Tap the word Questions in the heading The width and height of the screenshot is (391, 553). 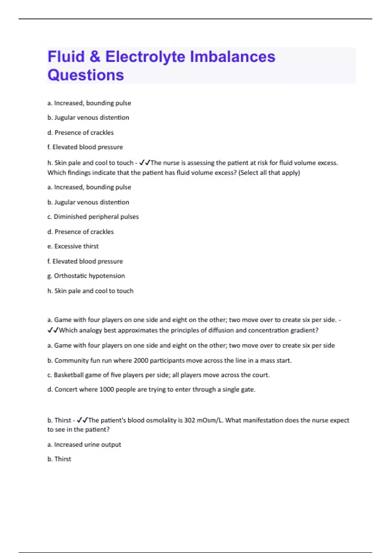(x=86, y=75)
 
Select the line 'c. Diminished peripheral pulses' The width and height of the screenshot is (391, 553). (x=93, y=217)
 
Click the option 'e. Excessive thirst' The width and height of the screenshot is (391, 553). (x=73, y=246)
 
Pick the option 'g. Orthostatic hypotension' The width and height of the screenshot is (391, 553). (x=86, y=276)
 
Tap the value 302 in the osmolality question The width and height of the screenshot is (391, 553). (x=190, y=420)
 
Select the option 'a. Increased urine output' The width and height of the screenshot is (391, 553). (x=84, y=445)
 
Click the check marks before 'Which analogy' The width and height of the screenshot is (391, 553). (x=53, y=330)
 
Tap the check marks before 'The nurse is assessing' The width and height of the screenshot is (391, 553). (x=144, y=163)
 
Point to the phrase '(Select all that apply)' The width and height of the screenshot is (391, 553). (x=269, y=173)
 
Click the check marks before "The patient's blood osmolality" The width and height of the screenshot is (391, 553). (x=82, y=420)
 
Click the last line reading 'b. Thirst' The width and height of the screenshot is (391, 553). (x=59, y=459)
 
